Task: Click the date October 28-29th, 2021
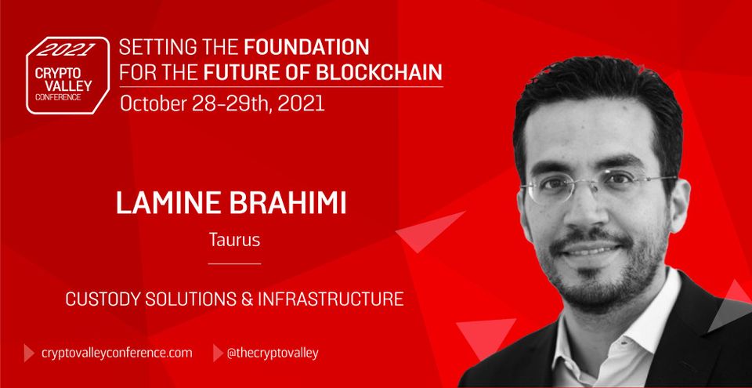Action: click(x=222, y=103)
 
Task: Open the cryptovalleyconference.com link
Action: click(x=117, y=353)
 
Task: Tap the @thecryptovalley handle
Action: click(x=272, y=353)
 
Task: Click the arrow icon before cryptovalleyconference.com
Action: click(x=29, y=353)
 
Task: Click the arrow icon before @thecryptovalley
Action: click(x=217, y=353)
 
